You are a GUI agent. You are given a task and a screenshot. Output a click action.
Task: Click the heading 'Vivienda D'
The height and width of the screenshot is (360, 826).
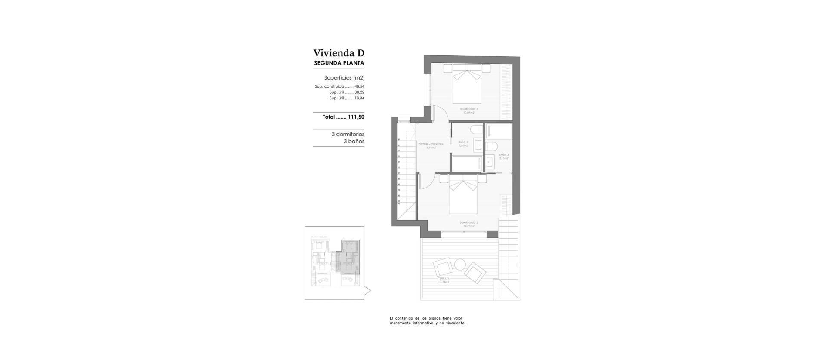click(x=339, y=53)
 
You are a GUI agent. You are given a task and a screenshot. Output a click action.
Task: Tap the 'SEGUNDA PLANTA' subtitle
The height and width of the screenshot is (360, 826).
click(x=339, y=63)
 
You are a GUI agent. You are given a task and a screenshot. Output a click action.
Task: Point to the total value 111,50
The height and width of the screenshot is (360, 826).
click(x=356, y=117)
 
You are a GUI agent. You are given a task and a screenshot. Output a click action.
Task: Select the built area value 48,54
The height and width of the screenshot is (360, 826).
click(x=359, y=86)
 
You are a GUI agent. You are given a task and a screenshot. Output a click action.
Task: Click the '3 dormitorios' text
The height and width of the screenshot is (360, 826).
click(x=348, y=134)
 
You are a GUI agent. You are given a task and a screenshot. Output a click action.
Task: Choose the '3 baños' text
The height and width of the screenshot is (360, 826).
click(x=354, y=141)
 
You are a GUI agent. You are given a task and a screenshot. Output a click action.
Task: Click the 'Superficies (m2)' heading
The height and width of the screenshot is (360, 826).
click(x=344, y=78)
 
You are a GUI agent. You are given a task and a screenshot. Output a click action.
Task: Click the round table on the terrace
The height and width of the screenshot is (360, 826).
click(x=460, y=264)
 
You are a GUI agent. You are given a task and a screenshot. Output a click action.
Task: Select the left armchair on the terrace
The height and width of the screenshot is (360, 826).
click(x=444, y=268)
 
